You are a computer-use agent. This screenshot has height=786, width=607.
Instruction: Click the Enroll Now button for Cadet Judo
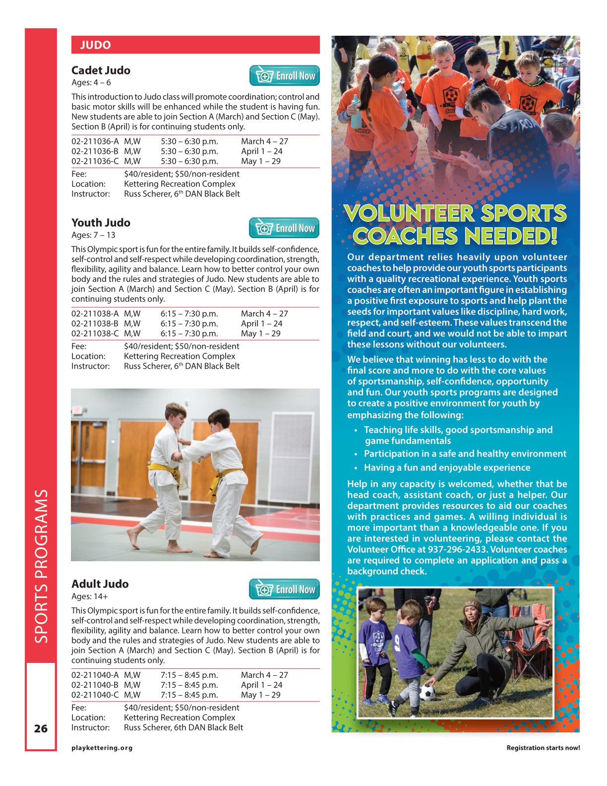point(284,76)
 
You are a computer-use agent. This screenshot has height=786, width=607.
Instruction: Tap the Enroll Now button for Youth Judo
point(284,228)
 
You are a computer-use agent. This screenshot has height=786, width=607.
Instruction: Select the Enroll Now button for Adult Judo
point(284,589)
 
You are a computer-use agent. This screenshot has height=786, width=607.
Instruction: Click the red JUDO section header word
point(95,45)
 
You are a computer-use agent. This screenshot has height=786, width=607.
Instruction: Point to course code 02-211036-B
point(95,151)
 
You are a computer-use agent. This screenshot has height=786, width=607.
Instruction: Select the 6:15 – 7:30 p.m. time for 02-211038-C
point(189,333)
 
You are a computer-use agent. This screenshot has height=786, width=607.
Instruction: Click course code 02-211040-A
point(95,675)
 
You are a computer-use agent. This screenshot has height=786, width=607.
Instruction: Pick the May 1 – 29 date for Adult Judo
point(260,695)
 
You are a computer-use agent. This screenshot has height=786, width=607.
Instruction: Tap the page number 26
point(41,728)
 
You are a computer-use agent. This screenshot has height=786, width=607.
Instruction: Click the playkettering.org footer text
point(102,748)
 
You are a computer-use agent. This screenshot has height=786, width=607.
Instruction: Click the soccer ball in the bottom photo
point(427,693)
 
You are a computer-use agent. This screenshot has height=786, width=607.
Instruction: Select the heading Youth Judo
point(101,223)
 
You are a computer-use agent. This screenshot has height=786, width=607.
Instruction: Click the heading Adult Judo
point(100,584)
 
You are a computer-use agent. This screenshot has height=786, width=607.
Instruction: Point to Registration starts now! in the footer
point(543,748)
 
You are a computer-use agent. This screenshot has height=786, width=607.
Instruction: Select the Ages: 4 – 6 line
point(91,83)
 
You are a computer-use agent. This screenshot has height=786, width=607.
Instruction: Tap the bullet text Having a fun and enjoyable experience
point(447,467)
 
